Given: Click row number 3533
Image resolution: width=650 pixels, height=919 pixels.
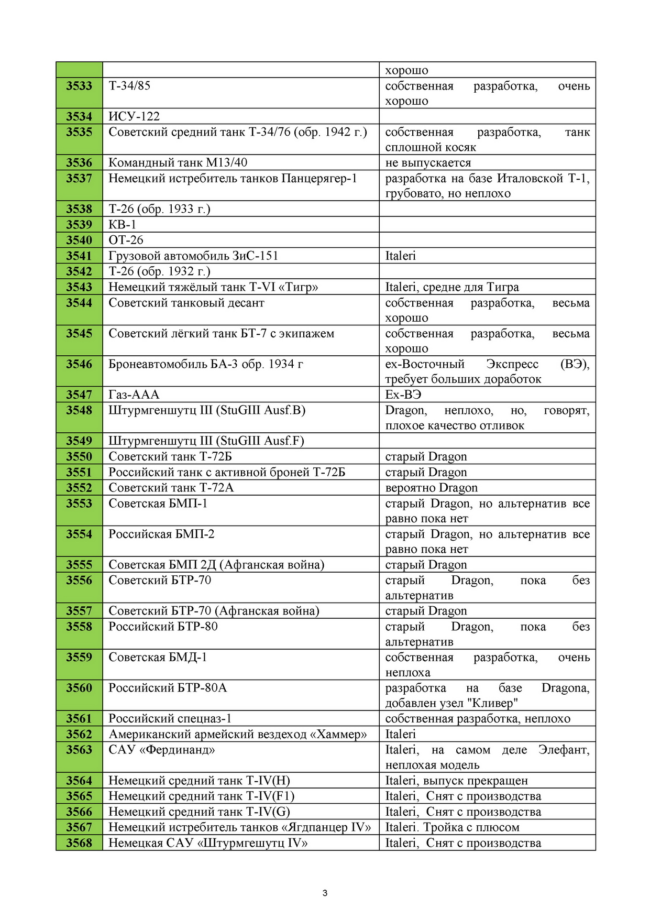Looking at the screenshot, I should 79,86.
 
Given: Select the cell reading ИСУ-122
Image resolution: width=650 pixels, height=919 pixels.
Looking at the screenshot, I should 134,116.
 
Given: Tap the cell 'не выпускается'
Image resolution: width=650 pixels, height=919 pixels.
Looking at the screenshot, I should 428,163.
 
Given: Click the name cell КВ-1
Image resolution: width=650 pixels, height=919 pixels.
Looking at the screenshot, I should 123,225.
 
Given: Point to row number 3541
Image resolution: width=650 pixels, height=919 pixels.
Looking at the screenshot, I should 79,256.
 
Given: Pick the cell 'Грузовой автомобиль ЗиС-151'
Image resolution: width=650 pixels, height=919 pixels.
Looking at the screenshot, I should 193,256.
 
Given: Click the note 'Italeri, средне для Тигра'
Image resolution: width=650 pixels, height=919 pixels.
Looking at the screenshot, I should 452,287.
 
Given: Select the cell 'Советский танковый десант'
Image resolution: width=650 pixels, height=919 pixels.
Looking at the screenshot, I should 186,303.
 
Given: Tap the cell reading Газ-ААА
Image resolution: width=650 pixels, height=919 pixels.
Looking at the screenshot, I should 134,395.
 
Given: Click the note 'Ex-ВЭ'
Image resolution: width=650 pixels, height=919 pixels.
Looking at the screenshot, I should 403,395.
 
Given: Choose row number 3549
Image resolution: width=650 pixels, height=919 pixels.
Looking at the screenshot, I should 79,441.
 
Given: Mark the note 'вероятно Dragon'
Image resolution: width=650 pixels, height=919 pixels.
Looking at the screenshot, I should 432,488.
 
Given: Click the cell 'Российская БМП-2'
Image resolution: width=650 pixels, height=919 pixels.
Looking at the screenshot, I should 161,534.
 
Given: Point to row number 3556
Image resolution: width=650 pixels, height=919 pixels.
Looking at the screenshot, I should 79,581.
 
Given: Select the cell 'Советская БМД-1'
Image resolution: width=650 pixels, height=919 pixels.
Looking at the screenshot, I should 158,658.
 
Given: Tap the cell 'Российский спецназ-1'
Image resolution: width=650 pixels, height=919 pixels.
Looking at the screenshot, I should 170,719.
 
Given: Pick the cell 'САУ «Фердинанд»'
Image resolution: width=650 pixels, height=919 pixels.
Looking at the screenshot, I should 162,750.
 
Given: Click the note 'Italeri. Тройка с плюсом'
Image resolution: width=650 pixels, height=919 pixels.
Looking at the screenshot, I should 453,828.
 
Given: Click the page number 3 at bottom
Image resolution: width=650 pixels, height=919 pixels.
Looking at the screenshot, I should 325,893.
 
